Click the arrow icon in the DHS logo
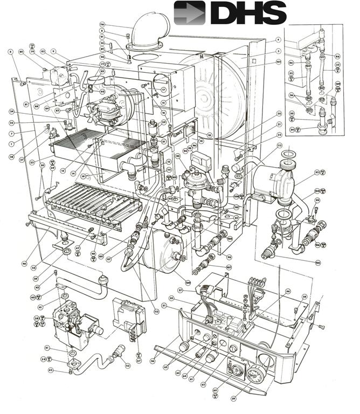point(189,13)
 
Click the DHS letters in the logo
point(247,13)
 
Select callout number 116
point(101,25)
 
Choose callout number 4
point(278,40)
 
